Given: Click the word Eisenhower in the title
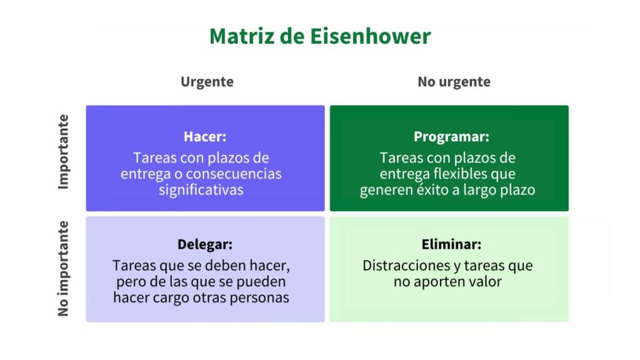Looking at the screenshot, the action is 370,36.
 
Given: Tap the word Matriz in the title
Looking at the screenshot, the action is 242,36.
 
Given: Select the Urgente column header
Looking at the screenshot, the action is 207,82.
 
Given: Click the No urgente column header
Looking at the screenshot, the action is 454,82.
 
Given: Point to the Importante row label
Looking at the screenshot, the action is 63,151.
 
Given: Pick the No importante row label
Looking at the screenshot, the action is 63,269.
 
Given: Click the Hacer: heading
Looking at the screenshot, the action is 205,136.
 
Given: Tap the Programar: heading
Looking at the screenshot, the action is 451,137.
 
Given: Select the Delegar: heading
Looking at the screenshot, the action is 205,244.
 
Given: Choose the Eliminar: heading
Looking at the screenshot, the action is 451,244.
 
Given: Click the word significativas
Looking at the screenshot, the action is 201,190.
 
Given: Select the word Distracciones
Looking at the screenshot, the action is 405,266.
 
